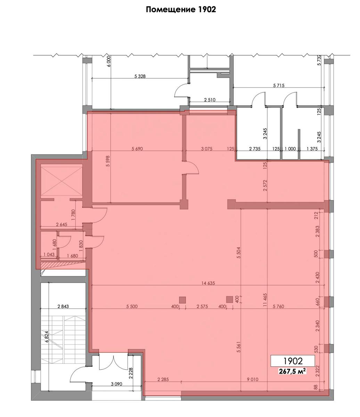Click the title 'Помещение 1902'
(x=181, y=9)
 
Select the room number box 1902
(x=293, y=361)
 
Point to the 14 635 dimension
(x=208, y=283)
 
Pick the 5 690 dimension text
(x=137, y=149)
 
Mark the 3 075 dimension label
(x=207, y=149)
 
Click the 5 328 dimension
(x=140, y=76)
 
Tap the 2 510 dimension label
(x=210, y=100)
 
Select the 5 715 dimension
(x=279, y=85)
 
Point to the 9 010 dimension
(x=252, y=379)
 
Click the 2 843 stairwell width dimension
(x=63, y=306)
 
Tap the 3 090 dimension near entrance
(x=116, y=384)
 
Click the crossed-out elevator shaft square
(x=62, y=180)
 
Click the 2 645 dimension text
(x=62, y=224)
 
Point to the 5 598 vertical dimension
(x=108, y=161)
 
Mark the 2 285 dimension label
(x=163, y=379)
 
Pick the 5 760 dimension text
(x=278, y=306)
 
